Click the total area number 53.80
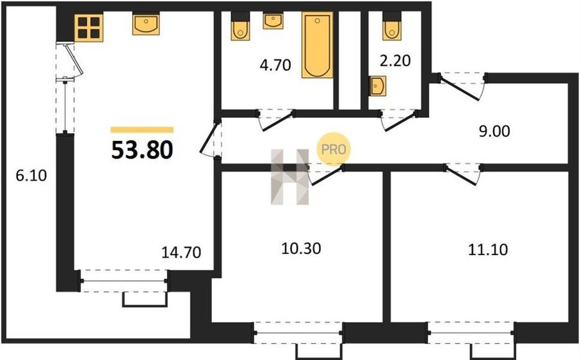(x=142, y=150)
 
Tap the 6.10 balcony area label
(x=31, y=175)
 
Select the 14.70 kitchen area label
(x=181, y=252)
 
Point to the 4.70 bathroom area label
(x=275, y=65)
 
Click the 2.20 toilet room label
(x=396, y=61)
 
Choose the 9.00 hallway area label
(x=494, y=131)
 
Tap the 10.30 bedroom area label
(x=301, y=249)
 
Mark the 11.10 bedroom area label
(x=488, y=250)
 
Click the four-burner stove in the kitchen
(x=89, y=27)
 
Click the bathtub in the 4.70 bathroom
(x=317, y=44)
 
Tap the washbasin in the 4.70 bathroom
(x=273, y=21)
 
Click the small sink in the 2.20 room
(x=378, y=86)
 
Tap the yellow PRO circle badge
(x=333, y=149)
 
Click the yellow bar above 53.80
(x=142, y=129)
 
